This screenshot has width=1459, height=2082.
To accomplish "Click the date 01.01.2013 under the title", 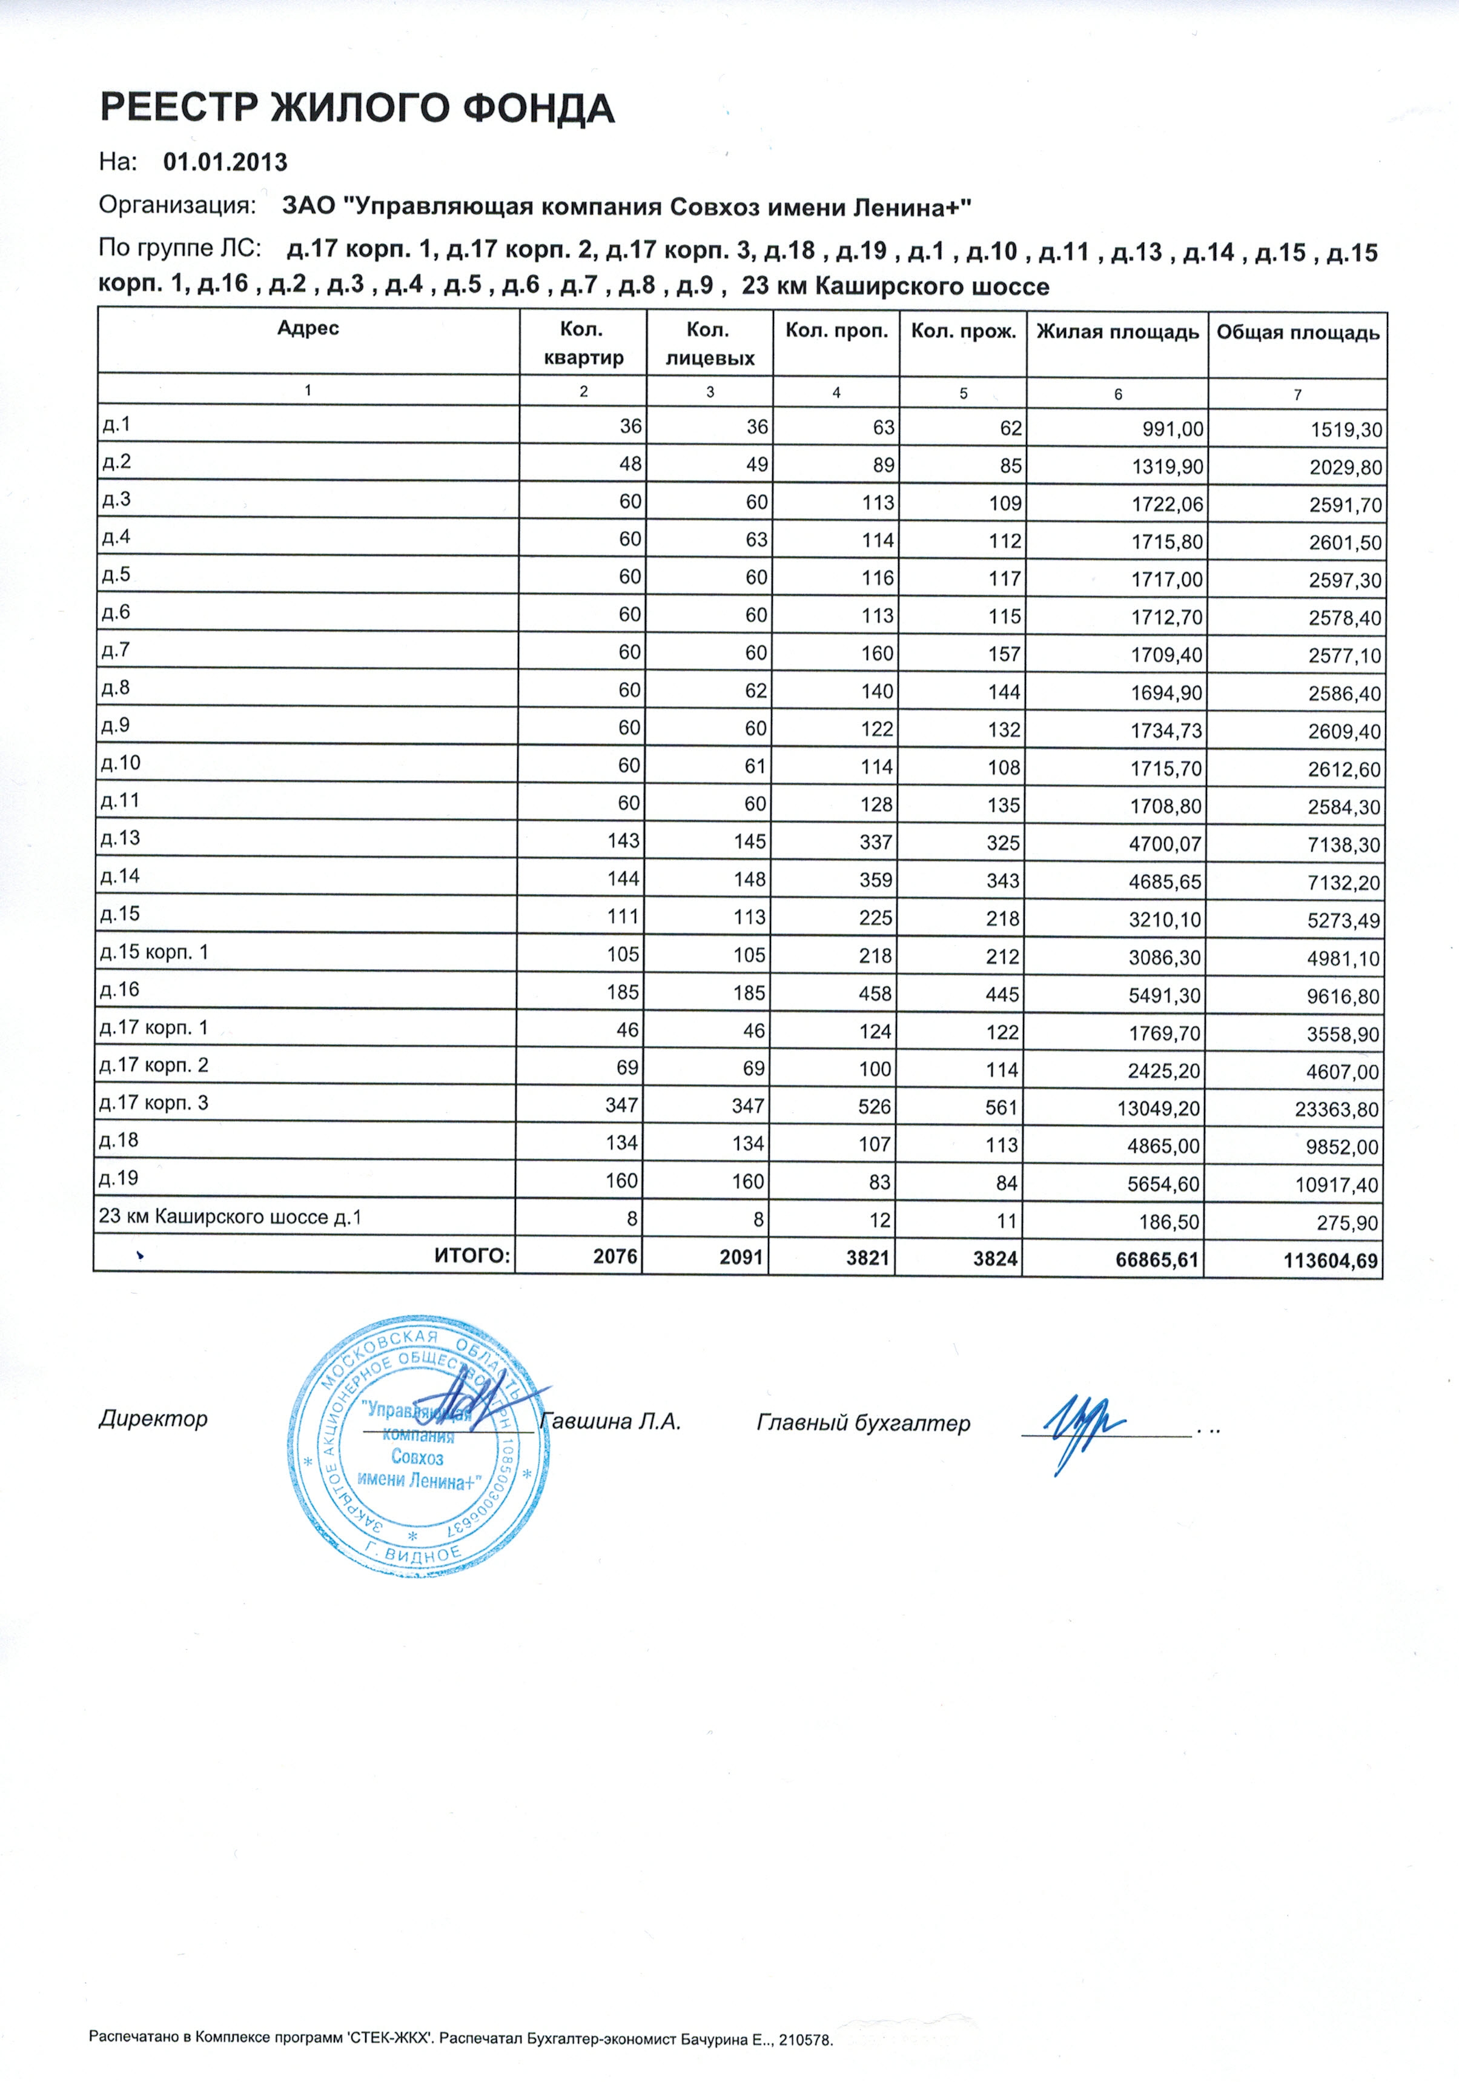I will point(225,162).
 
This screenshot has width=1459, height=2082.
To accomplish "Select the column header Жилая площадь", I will point(1117,332).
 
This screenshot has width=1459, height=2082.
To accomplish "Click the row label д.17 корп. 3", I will point(154,1102).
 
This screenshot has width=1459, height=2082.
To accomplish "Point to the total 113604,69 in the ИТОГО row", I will point(1330,1261).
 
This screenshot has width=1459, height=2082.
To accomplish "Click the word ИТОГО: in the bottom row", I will point(472,1255).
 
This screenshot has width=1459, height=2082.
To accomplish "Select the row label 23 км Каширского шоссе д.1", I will point(230,1216).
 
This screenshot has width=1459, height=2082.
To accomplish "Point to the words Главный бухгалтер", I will point(862,1424).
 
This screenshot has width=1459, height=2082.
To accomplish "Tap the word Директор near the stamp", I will point(153,1418).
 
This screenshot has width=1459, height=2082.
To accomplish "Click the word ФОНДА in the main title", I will point(538,109).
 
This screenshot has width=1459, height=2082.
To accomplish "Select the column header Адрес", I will point(308,328).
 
